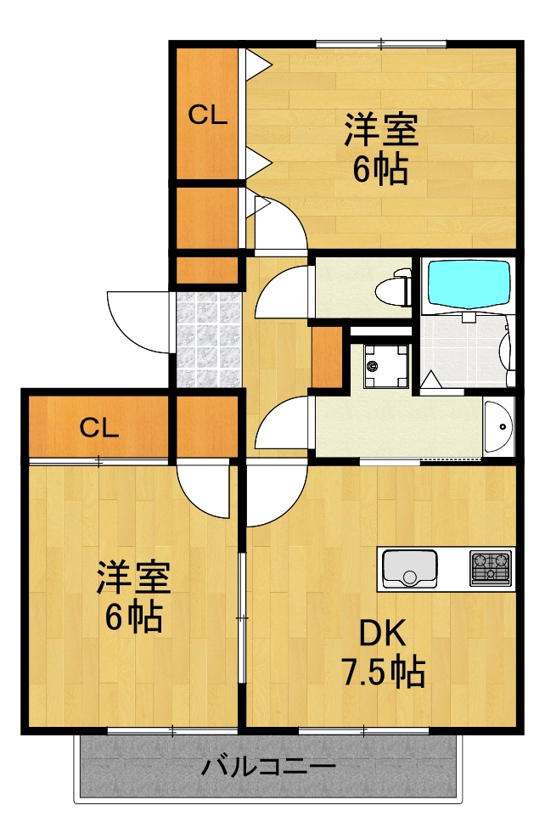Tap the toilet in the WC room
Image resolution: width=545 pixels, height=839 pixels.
(x=394, y=289)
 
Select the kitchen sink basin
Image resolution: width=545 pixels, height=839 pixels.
(x=410, y=569)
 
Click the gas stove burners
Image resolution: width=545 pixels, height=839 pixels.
(x=491, y=568)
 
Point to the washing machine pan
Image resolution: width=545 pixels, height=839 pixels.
(x=386, y=367)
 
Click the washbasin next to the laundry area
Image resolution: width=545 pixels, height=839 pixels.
(x=498, y=426)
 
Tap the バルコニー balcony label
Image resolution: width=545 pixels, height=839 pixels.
(x=268, y=768)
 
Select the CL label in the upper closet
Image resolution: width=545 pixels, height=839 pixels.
(x=208, y=114)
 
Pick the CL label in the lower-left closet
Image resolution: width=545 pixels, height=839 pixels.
(x=99, y=427)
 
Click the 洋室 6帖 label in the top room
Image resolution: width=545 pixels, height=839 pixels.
(x=381, y=149)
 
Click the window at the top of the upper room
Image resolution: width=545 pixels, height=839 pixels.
(x=381, y=43)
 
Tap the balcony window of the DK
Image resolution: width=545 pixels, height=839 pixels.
(x=363, y=730)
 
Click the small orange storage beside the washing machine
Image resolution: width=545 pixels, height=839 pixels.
(x=327, y=357)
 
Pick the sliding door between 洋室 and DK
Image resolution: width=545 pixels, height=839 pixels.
(x=242, y=618)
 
